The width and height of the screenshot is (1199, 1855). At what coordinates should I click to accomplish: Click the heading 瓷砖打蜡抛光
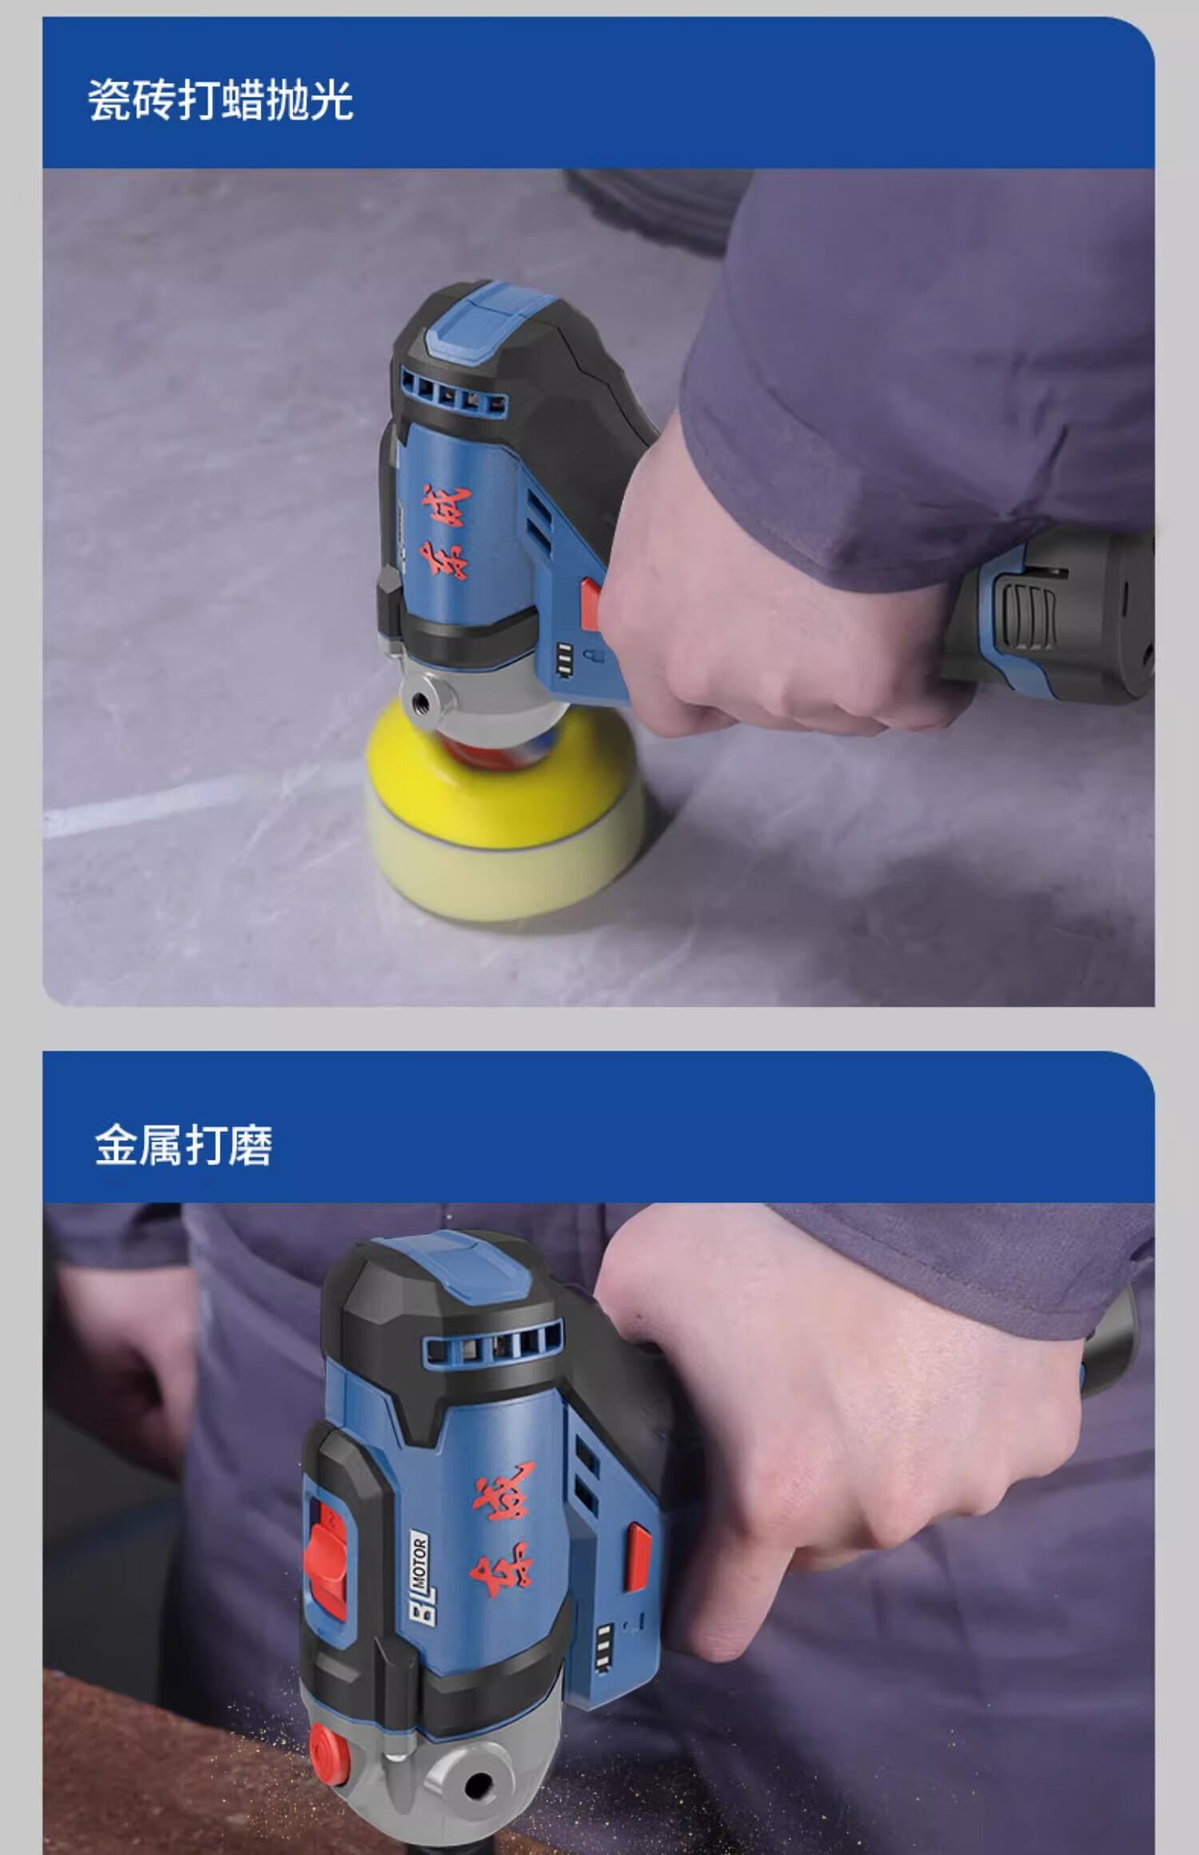click(x=221, y=101)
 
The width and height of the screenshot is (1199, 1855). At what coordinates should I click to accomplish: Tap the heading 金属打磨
click(x=184, y=1145)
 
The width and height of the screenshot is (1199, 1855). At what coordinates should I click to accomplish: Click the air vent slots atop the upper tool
click(x=452, y=395)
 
